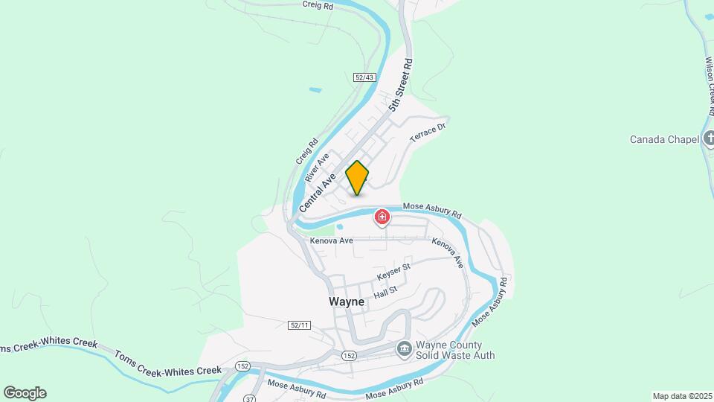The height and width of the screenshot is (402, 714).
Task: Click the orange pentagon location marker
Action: click(x=357, y=178)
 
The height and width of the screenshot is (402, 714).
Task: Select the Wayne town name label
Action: click(x=347, y=302)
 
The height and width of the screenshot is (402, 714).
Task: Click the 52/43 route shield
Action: click(x=364, y=77)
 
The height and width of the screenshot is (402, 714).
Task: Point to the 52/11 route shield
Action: click(x=297, y=325)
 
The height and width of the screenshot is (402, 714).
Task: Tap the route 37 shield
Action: click(x=247, y=398)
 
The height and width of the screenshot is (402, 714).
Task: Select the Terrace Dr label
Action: click(x=427, y=133)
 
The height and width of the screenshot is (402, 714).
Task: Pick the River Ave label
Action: click(x=317, y=168)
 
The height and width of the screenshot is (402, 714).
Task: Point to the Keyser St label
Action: click(x=393, y=272)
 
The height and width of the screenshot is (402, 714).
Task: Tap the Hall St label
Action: click(x=385, y=290)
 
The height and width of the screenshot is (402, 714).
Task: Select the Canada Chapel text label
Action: click(x=664, y=139)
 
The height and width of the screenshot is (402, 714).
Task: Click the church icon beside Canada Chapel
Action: click(x=709, y=138)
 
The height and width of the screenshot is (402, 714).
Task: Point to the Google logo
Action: click(x=25, y=393)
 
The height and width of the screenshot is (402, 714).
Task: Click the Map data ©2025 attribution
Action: click(x=681, y=396)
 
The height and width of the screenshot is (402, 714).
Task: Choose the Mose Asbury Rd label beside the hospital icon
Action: click(x=431, y=211)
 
